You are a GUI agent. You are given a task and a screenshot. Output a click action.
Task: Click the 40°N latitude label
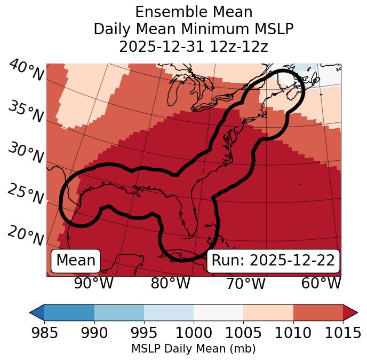[x=26, y=71]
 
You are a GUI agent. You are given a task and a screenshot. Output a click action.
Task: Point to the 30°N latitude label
[x=26, y=153]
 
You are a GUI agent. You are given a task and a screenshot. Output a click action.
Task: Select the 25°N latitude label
[x=26, y=194]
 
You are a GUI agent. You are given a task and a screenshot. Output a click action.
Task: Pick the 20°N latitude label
[x=26, y=236]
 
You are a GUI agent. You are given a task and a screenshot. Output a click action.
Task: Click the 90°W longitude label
[x=93, y=283]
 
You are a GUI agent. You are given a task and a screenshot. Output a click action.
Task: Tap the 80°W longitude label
[x=170, y=283]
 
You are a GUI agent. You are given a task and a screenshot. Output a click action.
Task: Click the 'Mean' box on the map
[x=76, y=261]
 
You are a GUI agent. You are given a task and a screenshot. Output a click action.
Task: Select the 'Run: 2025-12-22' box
[x=273, y=261]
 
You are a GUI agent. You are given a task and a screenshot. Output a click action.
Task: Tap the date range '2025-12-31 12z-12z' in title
[x=193, y=46]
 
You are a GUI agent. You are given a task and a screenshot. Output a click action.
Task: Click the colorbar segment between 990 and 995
[x=119, y=312]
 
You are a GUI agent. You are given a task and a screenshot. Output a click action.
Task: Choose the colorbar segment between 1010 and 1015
[x=318, y=312]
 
